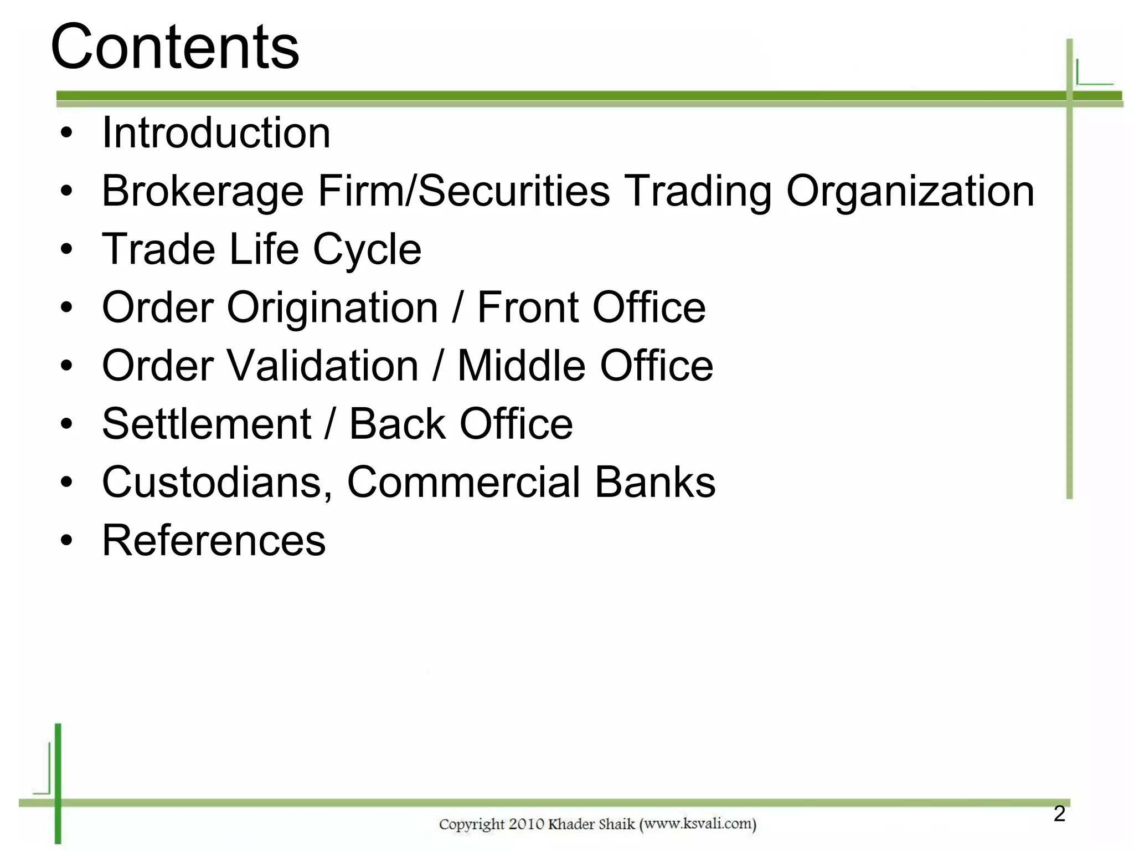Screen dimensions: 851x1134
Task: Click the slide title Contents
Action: pyautogui.click(x=175, y=48)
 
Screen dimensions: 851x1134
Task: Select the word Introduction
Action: pyautogui.click(x=217, y=133)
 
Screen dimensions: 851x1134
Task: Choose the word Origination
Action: pyautogui.click(x=332, y=308)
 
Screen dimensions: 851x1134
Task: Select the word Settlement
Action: pyautogui.click(x=207, y=424)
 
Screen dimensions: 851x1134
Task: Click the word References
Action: pyautogui.click(x=214, y=541)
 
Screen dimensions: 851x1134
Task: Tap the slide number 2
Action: pyautogui.click(x=1059, y=814)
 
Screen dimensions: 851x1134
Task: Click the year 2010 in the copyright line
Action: pyautogui.click(x=527, y=824)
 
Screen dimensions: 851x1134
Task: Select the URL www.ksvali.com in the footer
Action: pyautogui.click(x=697, y=824)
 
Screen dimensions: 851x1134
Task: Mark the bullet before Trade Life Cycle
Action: pyautogui.click(x=67, y=250)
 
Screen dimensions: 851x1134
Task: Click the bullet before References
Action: pyautogui.click(x=67, y=541)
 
